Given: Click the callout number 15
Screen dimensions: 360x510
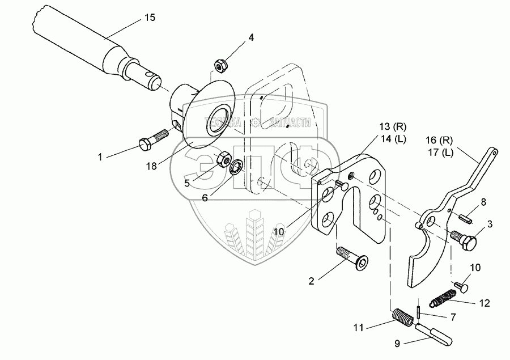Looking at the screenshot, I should point(149,18).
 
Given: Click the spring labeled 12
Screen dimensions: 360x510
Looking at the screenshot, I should point(446,297).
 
